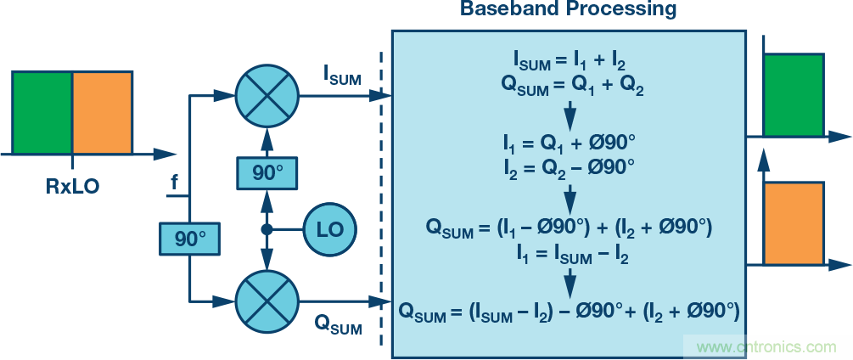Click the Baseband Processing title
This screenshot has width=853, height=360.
point(568,10)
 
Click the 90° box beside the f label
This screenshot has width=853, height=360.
point(189,239)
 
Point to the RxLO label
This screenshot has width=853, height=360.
point(72,184)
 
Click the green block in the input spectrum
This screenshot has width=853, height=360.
point(42,112)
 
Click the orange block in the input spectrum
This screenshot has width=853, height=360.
point(103,112)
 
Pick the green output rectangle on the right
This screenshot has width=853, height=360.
point(794,95)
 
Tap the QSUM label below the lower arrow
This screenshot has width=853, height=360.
point(339,323)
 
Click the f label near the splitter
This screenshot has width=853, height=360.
point(175,183)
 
